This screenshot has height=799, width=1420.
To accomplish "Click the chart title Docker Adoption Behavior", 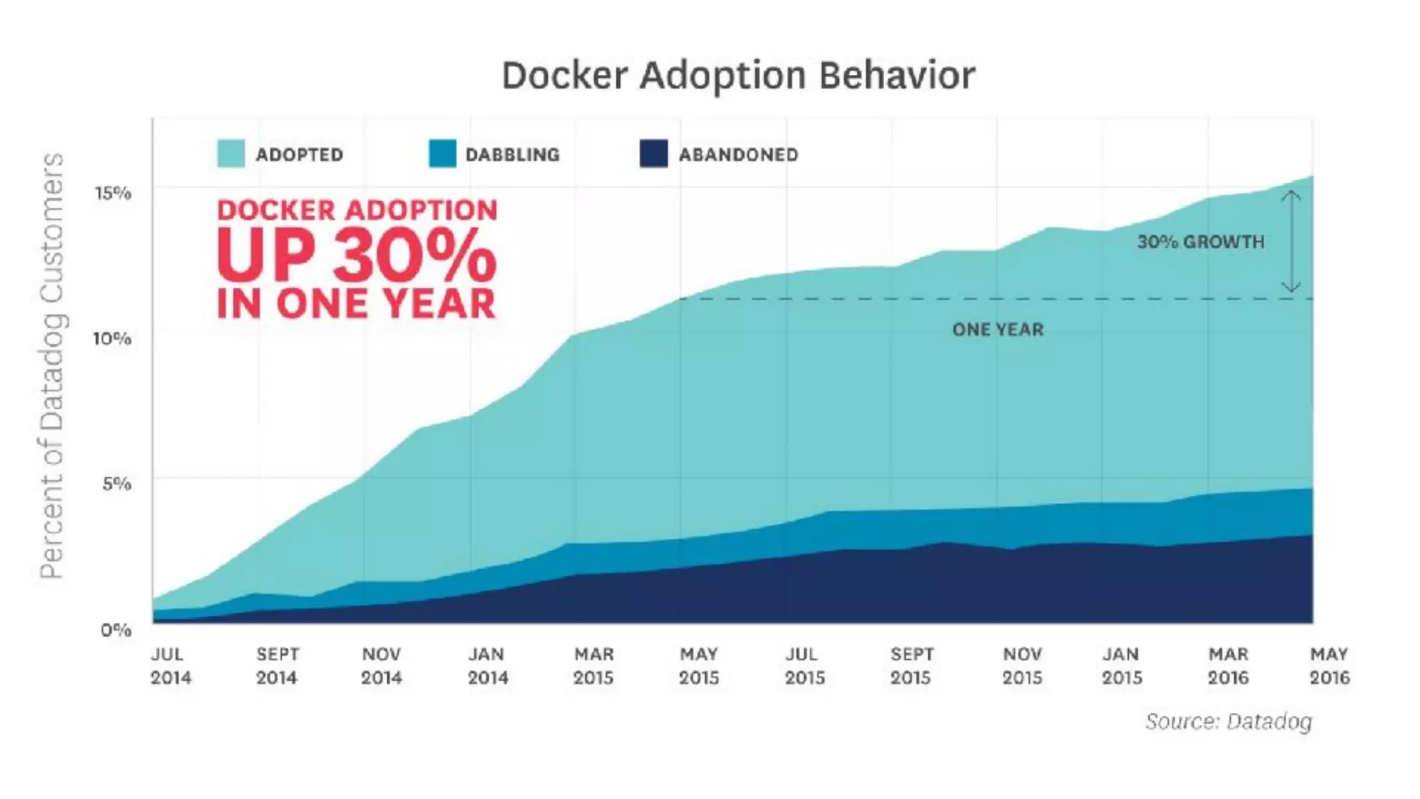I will point(738,75).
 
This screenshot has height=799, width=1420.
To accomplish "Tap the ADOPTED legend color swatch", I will point(231,153).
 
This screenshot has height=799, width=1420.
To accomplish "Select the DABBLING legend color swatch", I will point(442,153).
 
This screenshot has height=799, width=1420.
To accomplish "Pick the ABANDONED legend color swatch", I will point(654,153).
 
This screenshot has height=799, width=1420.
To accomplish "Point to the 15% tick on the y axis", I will point(113,193).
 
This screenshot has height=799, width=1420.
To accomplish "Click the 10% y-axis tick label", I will point(112,338).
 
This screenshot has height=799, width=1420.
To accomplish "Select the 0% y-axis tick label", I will point(116,630).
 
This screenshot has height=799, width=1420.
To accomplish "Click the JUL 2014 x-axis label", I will point(171,666).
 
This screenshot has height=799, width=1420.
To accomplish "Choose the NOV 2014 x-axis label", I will point(381,666).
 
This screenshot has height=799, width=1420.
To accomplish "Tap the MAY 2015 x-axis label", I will point(699,666).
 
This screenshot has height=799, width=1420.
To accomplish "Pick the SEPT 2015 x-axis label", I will point(911,666).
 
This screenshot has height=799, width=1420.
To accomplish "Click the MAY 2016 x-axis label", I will point(1329,666).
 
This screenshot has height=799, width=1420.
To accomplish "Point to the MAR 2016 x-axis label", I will point(1228,666).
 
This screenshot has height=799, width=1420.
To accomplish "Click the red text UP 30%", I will point(356,257).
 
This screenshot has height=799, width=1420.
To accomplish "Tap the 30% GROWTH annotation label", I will point(1200,242).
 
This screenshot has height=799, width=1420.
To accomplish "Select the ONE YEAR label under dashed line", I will point(998,329).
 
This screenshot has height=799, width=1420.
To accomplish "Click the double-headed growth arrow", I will point(1291,241).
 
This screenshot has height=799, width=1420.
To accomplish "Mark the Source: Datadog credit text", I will point(1228,721).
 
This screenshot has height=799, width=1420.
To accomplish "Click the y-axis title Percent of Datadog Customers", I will point(52,366).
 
